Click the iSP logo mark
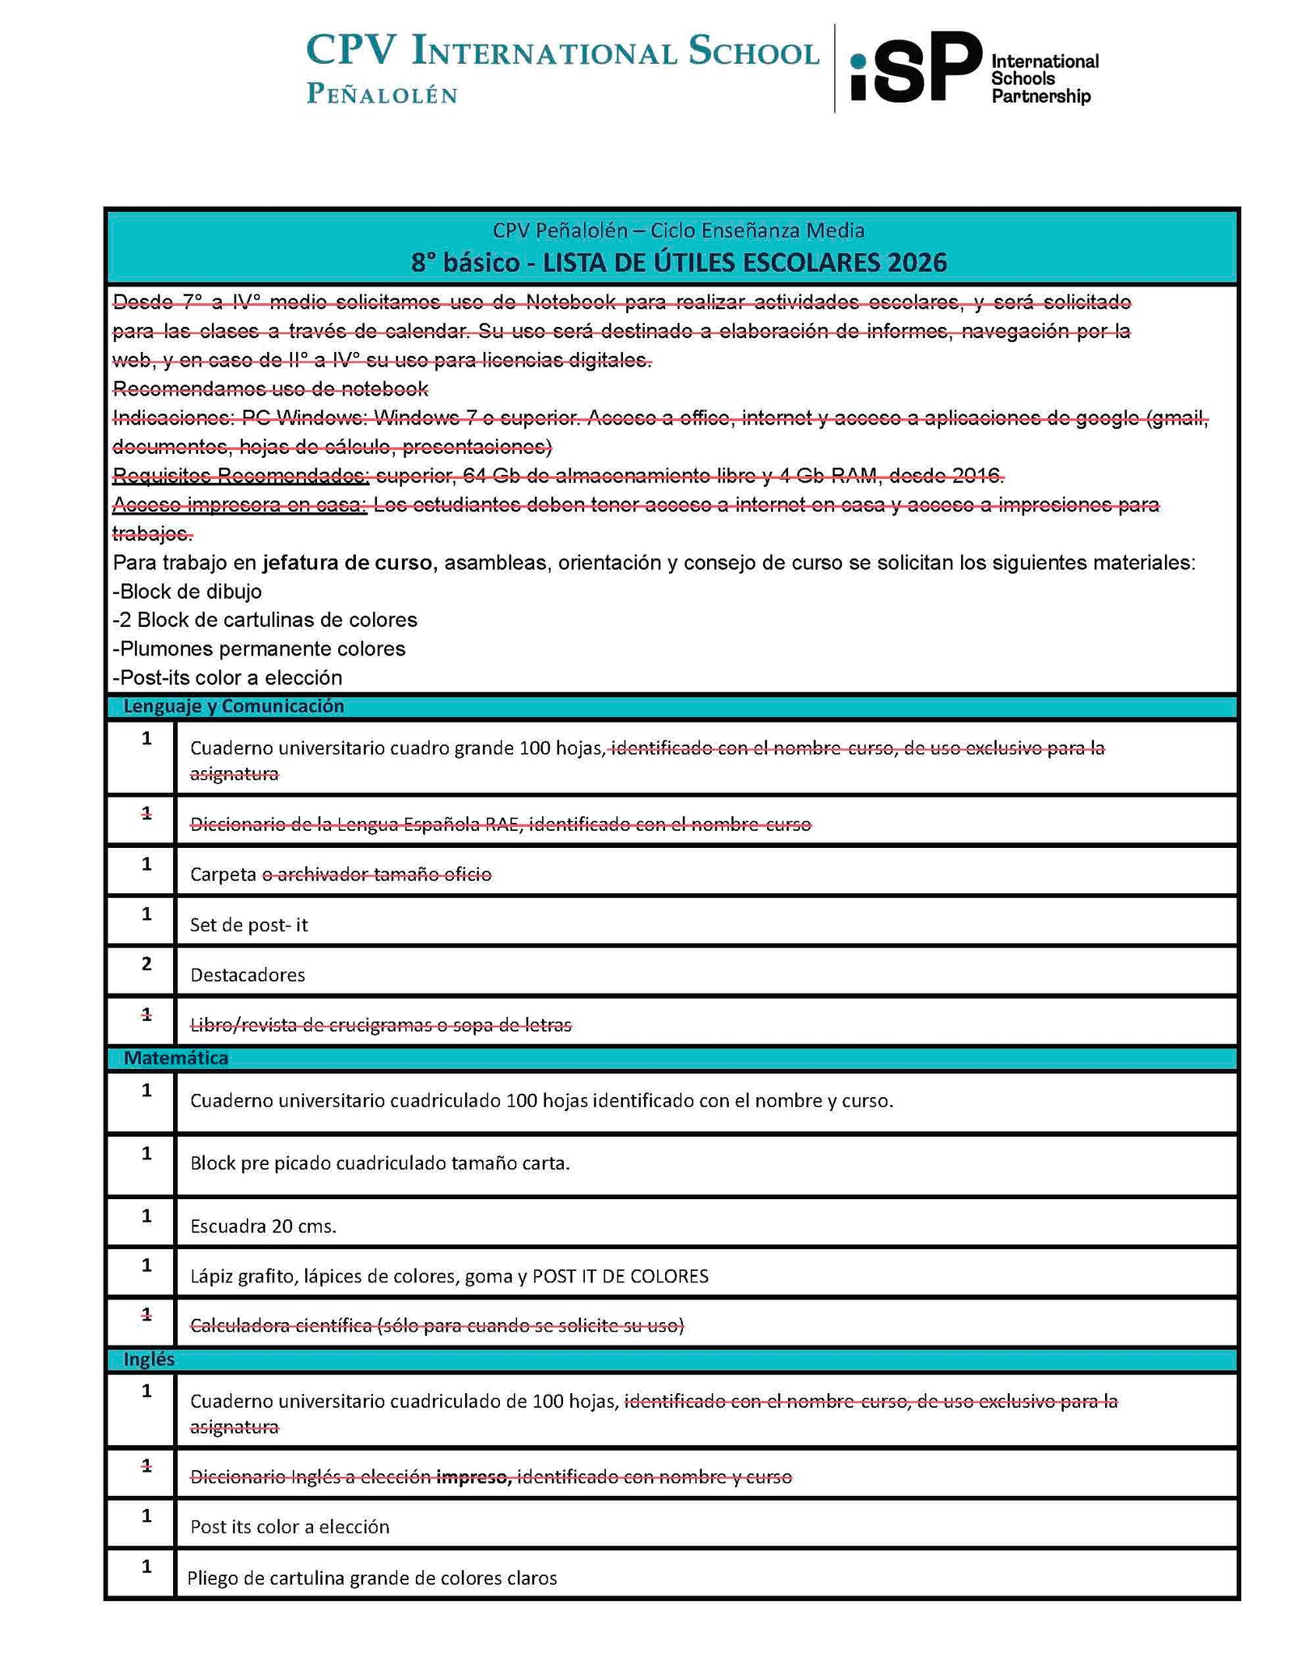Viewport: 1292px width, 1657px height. click(x=914, y=67)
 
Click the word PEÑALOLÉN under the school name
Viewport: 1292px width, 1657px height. click(x=382, y=95)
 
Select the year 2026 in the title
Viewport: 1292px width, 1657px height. click(x=916, y=263)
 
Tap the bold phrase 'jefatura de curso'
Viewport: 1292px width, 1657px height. click(x=346, y=562)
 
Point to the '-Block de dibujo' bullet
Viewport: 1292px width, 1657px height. click(x=187, y=591)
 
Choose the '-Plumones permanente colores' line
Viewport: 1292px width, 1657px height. click(x=259, y=649)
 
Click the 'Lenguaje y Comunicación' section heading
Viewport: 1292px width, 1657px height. click(x=233, y=706)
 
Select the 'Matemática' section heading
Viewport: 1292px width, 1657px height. click(x=176, y=1057)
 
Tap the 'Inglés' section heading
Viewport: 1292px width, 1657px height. click(x=149, y=1359)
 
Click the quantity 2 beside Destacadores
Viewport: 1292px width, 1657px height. click(x=146, y=964)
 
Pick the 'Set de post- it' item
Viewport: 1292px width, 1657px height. click(x=248, y=925)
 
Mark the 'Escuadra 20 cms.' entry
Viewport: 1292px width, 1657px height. click(x=263, y=1226)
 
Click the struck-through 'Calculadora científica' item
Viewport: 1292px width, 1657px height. click(x=437, y=1325)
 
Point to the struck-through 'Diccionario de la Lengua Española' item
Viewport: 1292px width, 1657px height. click(x=500, y=824)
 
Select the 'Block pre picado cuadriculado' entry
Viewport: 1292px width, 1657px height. click(x=379, y=1163)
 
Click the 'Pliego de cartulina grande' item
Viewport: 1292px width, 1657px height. click(x=372, y=1578)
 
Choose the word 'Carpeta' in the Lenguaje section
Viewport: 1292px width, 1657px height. click(x=222, y=875)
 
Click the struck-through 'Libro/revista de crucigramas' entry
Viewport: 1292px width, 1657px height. click(x=380, y=1025)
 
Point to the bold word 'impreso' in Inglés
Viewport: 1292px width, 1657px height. click(x=473, y=1477)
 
